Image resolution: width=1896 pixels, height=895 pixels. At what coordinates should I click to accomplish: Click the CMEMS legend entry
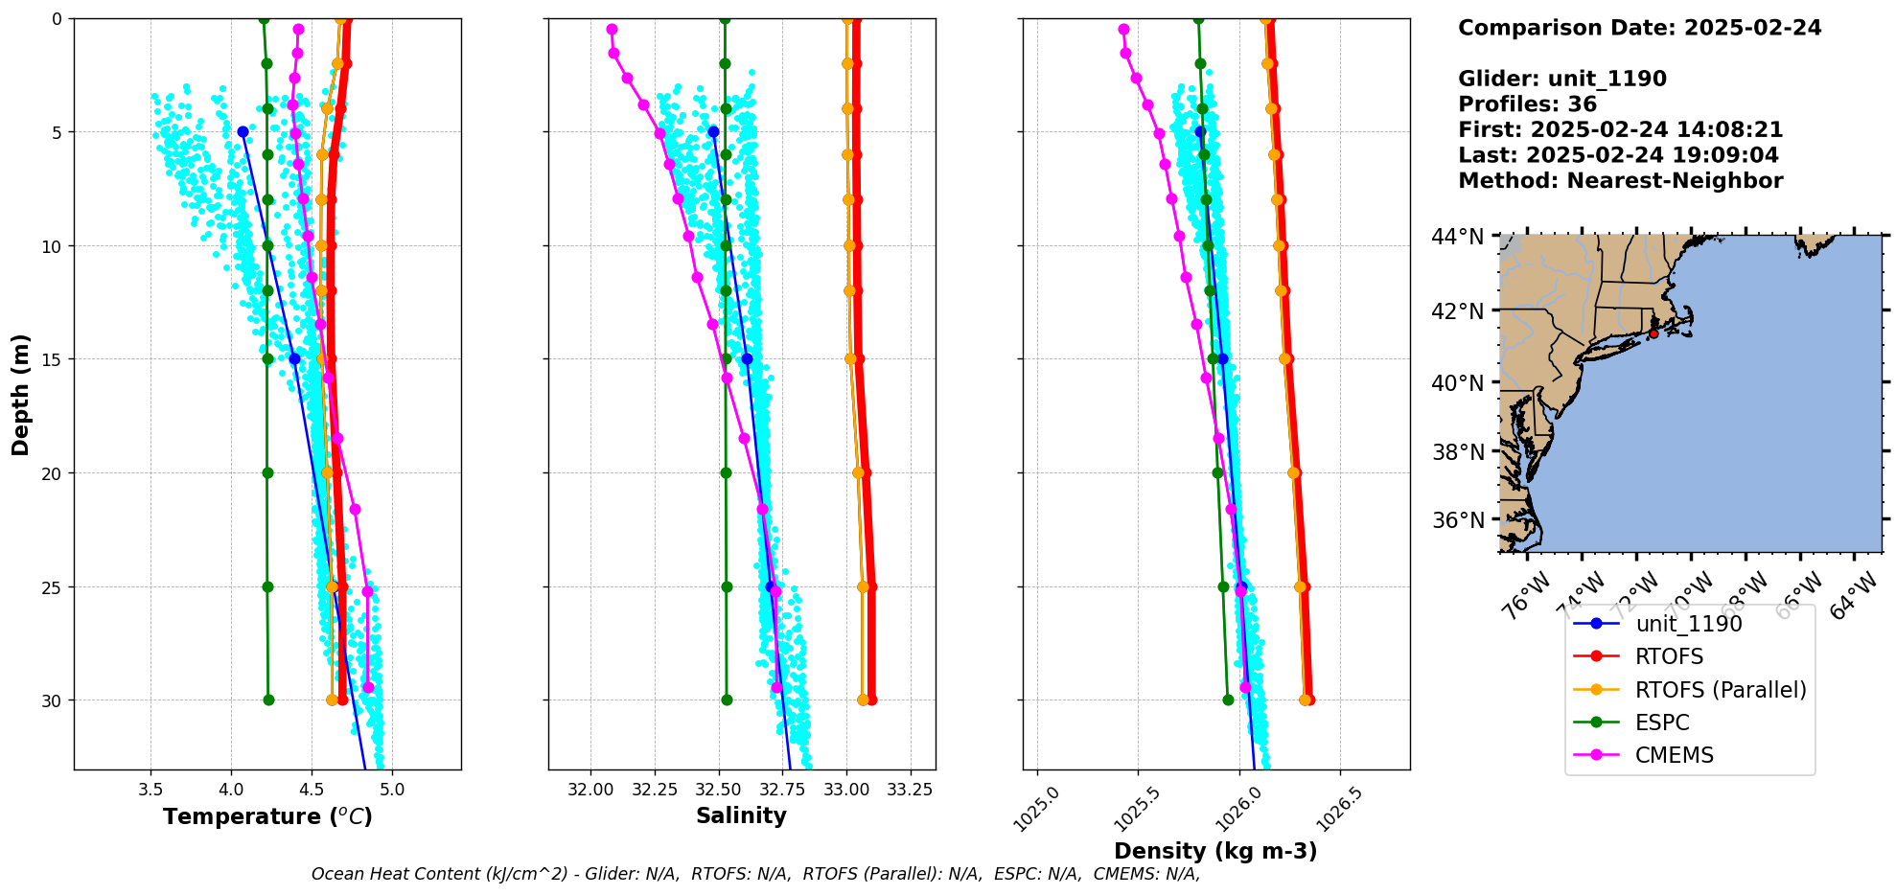point(1674,755)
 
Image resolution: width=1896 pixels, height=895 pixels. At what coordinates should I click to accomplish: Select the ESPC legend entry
point(1662,723)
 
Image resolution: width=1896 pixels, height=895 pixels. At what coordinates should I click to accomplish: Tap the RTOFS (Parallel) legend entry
point(1721,690)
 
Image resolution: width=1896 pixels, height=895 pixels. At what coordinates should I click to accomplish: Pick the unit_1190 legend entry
point(1688,624)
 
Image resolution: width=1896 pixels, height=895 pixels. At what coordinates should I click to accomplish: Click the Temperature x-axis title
point(267,816)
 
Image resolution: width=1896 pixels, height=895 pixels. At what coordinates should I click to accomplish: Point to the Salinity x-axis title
point(741,815)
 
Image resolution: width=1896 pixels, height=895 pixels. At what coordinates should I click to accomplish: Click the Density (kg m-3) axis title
point(1215,851)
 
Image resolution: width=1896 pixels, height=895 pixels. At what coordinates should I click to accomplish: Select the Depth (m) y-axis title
point(20,394)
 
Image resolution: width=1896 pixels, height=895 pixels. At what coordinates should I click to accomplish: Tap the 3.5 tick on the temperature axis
point(150,791)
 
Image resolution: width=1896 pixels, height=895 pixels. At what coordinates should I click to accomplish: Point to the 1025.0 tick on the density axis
point(1035,810)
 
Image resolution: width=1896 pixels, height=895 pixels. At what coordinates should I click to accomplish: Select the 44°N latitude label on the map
point(1457,236)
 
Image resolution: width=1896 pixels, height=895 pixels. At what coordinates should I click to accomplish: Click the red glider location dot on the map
point(1653,333)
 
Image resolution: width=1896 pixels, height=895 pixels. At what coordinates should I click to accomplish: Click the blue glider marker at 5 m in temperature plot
point(243,132)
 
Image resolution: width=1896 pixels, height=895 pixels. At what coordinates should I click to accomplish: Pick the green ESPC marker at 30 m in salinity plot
point(727,700)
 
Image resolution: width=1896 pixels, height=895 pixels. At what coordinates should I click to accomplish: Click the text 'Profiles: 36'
point(1527,104)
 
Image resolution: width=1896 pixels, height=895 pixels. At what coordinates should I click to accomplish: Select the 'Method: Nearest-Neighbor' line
point(1620,181)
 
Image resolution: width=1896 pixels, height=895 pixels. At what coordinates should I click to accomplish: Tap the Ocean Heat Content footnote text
point(755,874)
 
